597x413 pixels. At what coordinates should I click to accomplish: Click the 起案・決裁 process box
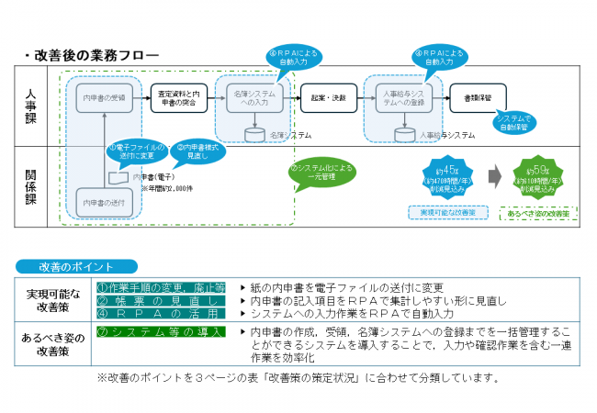pyautogui.click(x=328, y=96)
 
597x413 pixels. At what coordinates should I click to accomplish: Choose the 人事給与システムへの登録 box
pyautogui.click(x=403, y=96)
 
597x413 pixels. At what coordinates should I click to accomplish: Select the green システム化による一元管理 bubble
pyautogui.click(x=321, y=173)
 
